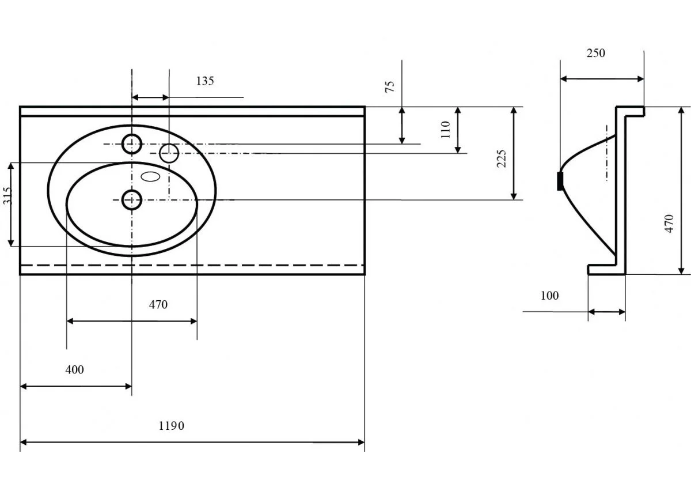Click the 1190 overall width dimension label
tap(171, 426)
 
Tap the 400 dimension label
tap(75, 369)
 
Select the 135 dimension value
tap(205, 81)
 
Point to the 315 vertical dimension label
tap(7, 195)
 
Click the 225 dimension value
tap(502, 158)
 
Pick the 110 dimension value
tap(446, 130)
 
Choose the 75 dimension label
tap(390, 86)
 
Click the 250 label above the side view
tap(595, 53)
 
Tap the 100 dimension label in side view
tap(549, 296)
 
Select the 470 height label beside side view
tap(669, 224)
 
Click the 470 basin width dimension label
tap(158, 304)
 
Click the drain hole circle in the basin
tap(132, 200)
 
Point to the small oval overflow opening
tap(150, 176)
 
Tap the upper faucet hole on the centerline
tap(132, 144)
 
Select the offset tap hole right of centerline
tap(169, 153)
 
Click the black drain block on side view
tap(560, 181)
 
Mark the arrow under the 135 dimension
tap(150, 97)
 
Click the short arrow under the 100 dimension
tap(607, 312)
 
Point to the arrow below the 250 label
tap(602, 79)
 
